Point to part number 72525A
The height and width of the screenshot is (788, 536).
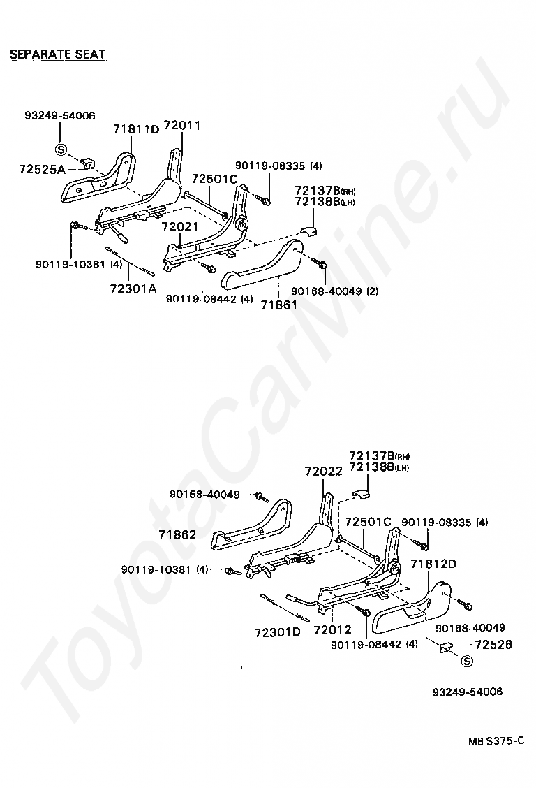click(42, 170)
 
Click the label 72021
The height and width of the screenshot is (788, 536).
click(180, 227)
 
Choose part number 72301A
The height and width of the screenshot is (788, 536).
click(133, 287)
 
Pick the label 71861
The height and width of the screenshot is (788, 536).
click(278, 305)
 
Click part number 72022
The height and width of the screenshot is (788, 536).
click(323, 471)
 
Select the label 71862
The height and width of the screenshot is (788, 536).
click(177, 534)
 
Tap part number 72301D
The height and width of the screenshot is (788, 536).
click(277, 632)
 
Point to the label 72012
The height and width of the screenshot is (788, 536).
click(332, 630)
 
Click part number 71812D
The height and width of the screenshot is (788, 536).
click(433, 564)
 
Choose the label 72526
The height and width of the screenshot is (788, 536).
click(493, 645)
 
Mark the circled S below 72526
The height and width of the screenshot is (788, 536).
click(467, 662)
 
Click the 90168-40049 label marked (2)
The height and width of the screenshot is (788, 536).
click(335, 291)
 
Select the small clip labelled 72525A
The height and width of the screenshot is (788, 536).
click(87, 163)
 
